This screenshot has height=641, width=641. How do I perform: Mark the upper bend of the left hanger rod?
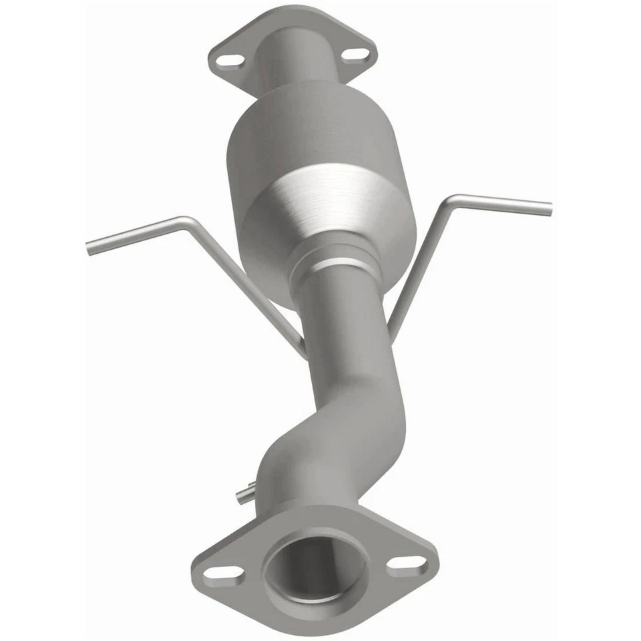point(184,220)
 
